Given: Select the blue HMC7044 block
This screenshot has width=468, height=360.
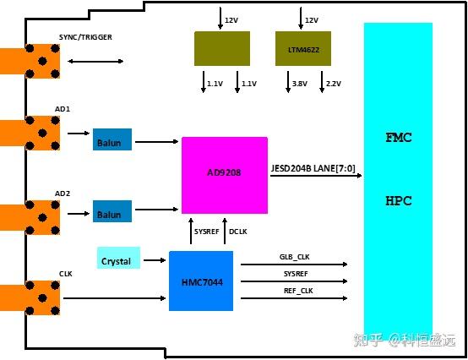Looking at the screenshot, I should [200, 280].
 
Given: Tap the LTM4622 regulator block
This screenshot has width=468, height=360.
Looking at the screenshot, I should [302, 48].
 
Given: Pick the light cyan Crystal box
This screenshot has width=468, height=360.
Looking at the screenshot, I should [118, 260].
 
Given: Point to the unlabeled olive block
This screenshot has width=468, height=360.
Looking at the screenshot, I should [221, 48].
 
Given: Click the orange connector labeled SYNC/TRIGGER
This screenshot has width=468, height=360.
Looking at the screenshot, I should [30, 61].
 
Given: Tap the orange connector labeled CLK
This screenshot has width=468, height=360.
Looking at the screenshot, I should [30, 297].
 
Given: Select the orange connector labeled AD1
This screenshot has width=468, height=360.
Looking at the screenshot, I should [30, 134].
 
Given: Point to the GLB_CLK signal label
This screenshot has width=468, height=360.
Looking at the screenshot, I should [296, 255].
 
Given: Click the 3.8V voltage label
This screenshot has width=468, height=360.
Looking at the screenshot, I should [299, 84].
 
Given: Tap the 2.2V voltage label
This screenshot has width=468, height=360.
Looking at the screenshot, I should [333, 84].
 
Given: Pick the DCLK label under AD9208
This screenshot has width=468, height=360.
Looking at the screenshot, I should [238, 231].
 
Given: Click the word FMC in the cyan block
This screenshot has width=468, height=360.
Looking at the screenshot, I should [398, 137].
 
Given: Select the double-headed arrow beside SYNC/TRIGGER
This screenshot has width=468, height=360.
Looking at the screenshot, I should [95, 61].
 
